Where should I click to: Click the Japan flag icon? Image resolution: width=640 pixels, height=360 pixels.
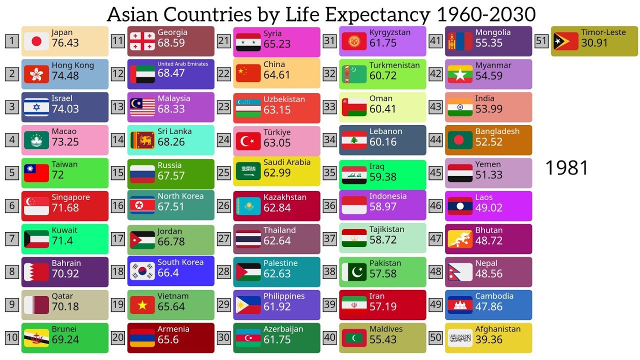(36, 41)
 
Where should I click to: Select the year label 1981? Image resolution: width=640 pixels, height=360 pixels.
(566, 168)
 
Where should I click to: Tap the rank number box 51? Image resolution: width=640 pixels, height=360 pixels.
(541, 40)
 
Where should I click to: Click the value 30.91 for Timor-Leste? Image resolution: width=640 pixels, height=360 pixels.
(594, 43)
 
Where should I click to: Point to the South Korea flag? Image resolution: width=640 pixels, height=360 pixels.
(142, 271)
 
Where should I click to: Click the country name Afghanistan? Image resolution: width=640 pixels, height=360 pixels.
(497, 329)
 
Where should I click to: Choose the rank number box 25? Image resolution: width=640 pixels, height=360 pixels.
(223, 172)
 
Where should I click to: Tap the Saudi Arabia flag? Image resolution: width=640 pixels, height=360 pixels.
(248, 171)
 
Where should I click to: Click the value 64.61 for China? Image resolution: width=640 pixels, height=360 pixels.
(276, 75)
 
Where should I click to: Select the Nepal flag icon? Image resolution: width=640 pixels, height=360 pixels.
(460, 272)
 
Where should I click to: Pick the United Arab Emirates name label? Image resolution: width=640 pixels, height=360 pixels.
(182, 64)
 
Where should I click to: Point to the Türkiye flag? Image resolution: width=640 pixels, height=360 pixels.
(248, 142)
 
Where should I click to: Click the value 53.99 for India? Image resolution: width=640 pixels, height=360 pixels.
(488, 109)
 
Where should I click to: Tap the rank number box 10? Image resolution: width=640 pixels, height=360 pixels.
(12, 337)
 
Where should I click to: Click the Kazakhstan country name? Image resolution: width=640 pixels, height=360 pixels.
(285, 197)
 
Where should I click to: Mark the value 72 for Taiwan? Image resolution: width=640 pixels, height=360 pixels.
(58, 175)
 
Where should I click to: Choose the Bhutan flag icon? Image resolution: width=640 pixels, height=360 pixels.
(460, 239)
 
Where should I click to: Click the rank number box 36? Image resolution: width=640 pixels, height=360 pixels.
(329, 205)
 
